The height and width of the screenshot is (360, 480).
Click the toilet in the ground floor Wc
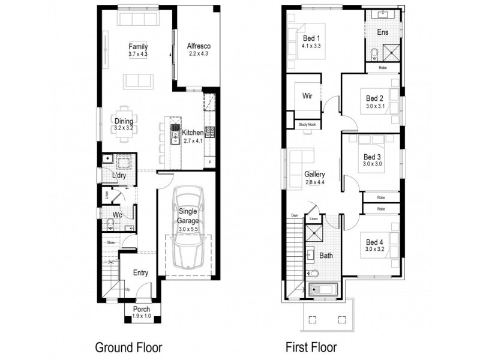pos(110,224)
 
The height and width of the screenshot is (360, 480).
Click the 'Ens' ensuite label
pos(382,32)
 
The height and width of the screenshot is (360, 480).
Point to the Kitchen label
pos(192,132)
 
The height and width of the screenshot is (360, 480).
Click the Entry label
pos(140,272)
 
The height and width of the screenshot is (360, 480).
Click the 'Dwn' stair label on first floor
pos(295,215)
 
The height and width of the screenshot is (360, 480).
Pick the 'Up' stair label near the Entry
pos(127,290)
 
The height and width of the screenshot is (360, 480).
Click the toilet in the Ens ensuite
pos(374,54)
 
